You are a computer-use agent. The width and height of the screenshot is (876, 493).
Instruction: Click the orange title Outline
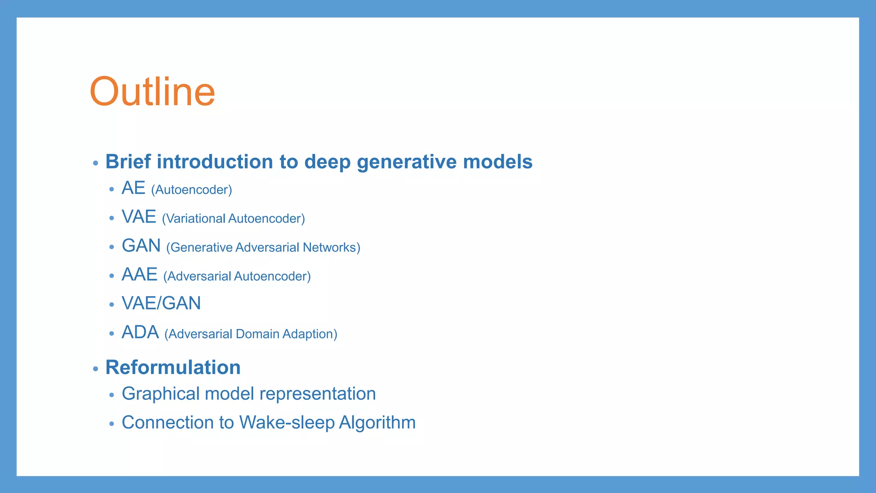point(152,92)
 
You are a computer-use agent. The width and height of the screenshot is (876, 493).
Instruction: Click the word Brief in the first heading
point(128,162)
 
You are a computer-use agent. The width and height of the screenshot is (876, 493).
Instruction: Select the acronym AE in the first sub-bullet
point(133,188)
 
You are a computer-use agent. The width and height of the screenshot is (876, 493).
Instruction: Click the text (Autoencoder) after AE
point(192,190)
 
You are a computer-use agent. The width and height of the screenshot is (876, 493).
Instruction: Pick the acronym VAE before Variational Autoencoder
point(139,217)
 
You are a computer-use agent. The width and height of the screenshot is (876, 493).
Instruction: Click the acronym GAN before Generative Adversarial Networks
point(141,246)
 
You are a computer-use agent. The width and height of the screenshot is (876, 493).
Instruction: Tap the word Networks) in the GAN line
point(331,247)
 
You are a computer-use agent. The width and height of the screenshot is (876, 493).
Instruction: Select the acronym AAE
point(139,275)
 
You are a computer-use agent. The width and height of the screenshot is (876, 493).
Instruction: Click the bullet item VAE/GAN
point(161,303)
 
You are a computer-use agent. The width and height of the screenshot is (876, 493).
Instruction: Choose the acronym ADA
point(140,333)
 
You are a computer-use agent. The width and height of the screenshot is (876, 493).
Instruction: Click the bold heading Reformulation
point(173,368)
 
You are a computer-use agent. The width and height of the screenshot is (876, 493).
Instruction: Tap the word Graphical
point(161,394)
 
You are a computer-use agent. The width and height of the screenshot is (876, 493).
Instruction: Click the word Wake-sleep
point(287,422)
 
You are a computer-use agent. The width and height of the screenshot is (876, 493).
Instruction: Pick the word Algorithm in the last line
point(377,423)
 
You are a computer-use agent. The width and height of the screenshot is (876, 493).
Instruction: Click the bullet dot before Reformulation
point(95,368)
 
